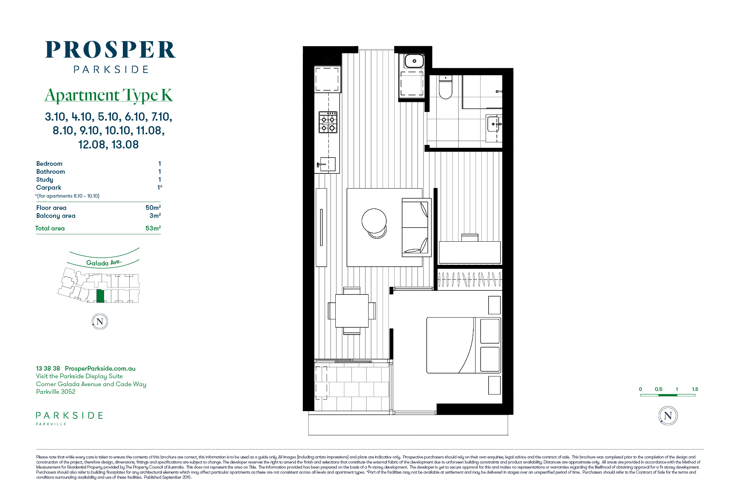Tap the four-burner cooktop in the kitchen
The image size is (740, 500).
click(328, 122)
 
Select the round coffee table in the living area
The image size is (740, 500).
click(374, 221)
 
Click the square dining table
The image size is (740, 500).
click(352, 311)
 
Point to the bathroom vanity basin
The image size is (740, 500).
click(494, 124)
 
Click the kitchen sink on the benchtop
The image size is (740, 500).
click(327, 164)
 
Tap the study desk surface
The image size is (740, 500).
click(469, 252)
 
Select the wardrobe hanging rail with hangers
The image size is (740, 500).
click(469, 279)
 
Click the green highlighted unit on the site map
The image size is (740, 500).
click(100, 296)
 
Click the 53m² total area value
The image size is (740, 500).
click(153, 228)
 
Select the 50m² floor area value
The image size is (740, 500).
click(153, 208)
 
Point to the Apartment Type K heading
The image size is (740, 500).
click(109, 95)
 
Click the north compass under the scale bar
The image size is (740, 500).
click(668, 416)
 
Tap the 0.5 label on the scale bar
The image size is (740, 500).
click(658, 389)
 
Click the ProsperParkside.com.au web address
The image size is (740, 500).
click(100, 368)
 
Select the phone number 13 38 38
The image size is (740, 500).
click(48, 368)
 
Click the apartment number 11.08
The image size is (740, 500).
click(150, 130)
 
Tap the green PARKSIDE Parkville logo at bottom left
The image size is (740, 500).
click(69, 418)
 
